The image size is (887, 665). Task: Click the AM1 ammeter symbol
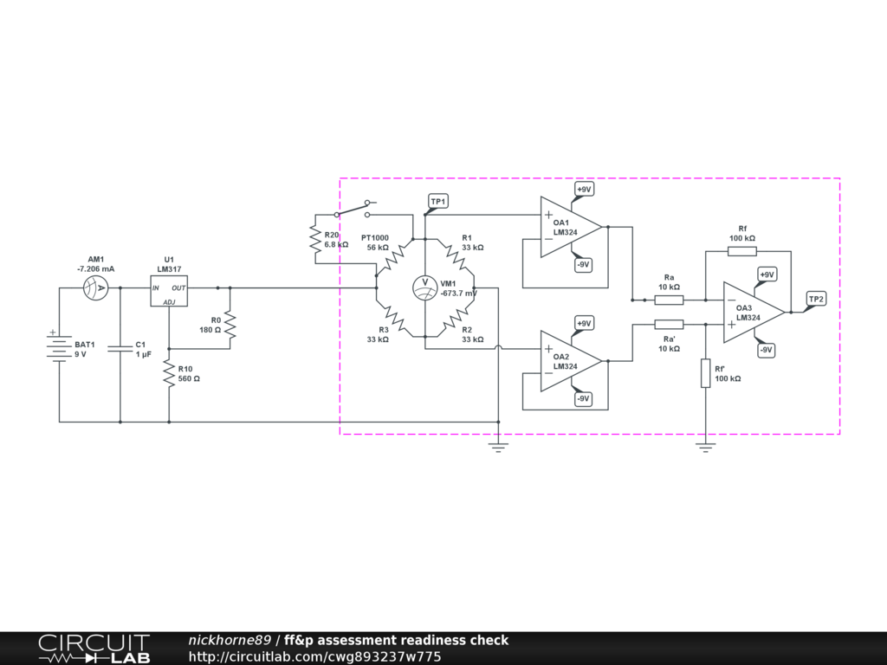click(95, 287)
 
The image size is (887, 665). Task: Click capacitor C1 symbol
click(120, 348)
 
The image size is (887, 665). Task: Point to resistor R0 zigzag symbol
click(230, 325)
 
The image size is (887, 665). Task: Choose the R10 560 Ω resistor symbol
click(169, 374)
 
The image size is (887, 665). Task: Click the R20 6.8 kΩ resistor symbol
click(315, 238)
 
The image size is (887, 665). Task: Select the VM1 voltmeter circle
click(425, 287)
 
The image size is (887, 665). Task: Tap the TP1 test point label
click(438, 202)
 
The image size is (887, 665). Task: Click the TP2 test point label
click(816, 299)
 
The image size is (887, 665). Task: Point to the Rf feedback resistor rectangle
click(741, 251)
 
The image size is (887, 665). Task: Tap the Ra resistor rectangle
click(669, 300)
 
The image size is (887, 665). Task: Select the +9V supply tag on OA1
click(584, 189)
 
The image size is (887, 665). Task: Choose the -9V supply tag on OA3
click(766, 350)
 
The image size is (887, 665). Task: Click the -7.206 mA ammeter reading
click(95, 268)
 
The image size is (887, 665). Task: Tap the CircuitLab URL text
click(314, 656)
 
